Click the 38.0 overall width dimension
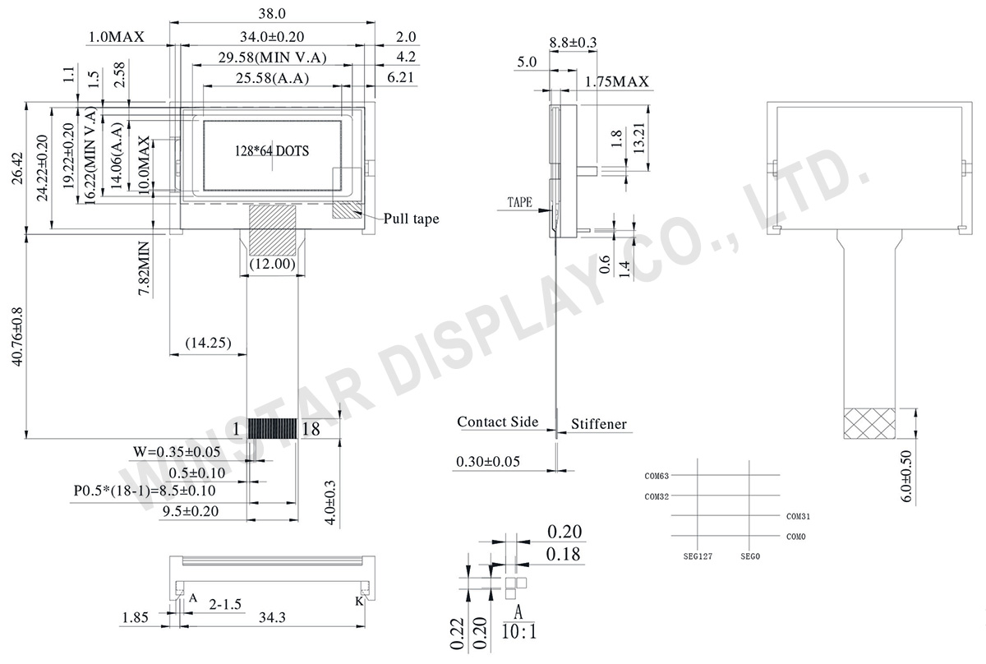(272, 14)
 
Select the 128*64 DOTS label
(272, 151)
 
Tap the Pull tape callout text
(411, 219)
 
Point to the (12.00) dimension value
(272, 263)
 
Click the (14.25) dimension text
(208, 342)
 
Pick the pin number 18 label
(311, 429)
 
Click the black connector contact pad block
(273, 428)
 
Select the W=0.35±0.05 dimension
(177, 452)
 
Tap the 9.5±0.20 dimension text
(191, 511)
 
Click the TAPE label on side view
(520, 202)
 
